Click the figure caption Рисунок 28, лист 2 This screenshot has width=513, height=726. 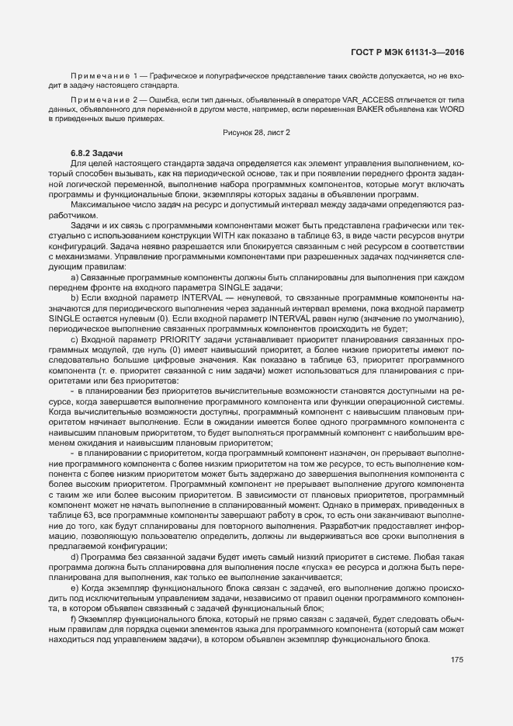coord(256,133)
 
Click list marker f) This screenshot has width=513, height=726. coord(75,621)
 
